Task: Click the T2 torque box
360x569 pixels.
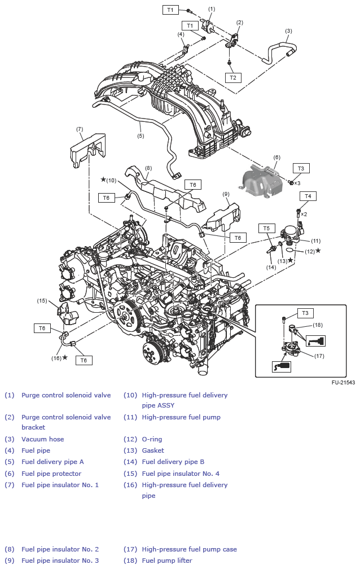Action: [232, 77]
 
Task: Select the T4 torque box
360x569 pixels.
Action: [308, 196]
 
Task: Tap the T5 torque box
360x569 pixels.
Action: [267, 228]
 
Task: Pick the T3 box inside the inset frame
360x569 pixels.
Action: [305, 313]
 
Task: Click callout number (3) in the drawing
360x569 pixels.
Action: [288, 31]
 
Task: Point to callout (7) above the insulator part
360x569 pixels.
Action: [80, 129]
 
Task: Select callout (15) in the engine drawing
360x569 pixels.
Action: [42, 300]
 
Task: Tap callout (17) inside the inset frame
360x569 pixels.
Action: [319, 356]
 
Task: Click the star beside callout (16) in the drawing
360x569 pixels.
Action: [65, 357]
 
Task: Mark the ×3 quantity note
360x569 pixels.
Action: [297, 183]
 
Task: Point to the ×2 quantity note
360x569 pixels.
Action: [304, 215]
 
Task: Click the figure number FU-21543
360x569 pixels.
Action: [343, 383]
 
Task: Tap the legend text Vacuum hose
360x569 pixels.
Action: [43, 439]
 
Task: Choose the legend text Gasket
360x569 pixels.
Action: [153, 450]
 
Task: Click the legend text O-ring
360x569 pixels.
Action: [152, 439]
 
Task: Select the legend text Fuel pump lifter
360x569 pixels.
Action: [167, 561]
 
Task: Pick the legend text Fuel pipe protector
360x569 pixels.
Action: [51, 474]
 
